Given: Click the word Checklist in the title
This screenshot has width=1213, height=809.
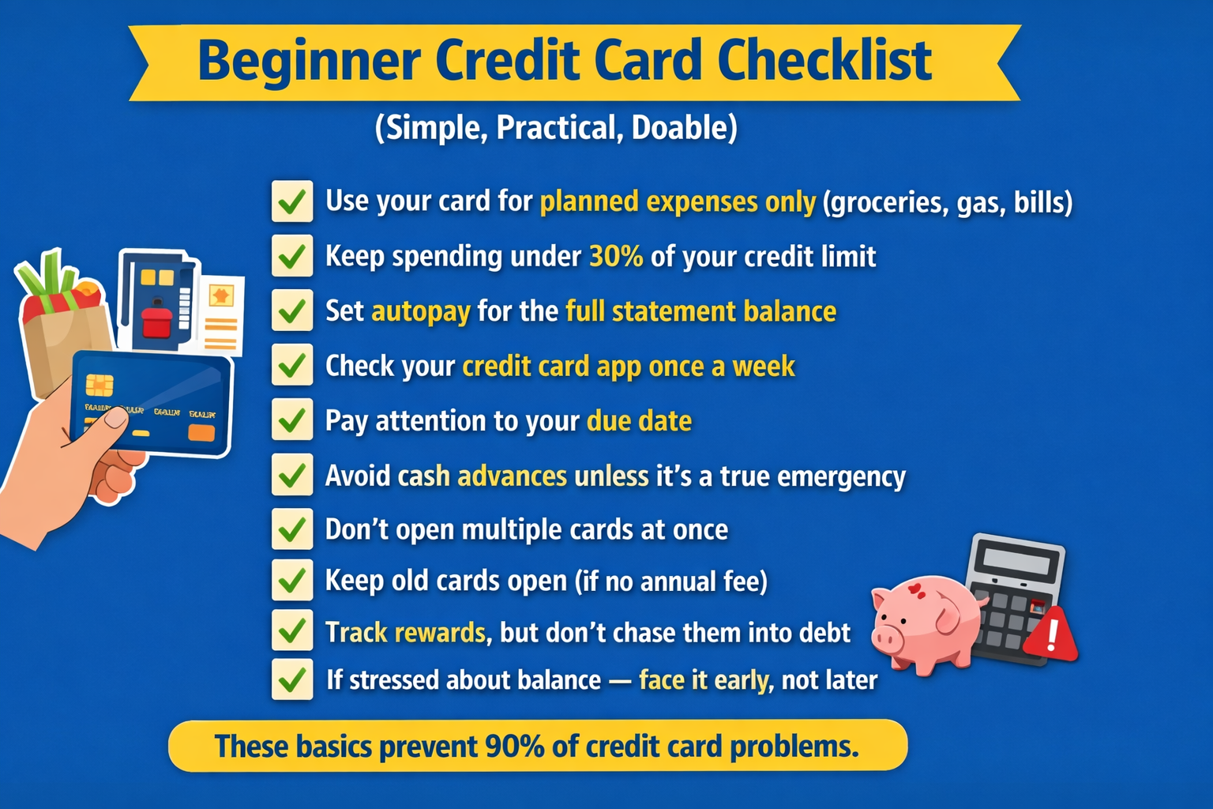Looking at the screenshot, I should (x=824, y=61).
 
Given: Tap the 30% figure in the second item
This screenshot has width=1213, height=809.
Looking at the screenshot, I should (x=616, y=257).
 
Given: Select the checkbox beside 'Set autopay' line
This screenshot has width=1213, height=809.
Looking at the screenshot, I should (x=292, y=310).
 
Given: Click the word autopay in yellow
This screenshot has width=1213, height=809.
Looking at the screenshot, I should (x=421, y=311).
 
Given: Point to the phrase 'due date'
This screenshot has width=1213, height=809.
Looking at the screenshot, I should (x=639, y=421).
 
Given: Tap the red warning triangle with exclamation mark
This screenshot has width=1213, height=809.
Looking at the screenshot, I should (x=1050, y=635).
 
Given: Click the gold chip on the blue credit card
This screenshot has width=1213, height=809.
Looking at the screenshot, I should (x=100, y=385).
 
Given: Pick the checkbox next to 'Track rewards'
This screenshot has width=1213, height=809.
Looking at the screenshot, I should (x=292, y=630).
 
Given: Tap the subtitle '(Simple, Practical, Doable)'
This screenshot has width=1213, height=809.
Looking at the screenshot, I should (x=556, y=128).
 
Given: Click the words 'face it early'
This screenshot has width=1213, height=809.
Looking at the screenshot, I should (x=704, y=680).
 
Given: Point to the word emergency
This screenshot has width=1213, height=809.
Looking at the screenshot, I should (x=841, y=476).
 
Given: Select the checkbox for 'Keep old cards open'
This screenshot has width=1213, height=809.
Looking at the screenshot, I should (x=292, y=581).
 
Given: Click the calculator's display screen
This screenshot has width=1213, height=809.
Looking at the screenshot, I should (x=1016, y=563).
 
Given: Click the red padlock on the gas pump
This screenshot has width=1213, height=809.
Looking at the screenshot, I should (x=156, y=320).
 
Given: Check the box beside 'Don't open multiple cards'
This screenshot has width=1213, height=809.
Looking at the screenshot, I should (x=292, y=529).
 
